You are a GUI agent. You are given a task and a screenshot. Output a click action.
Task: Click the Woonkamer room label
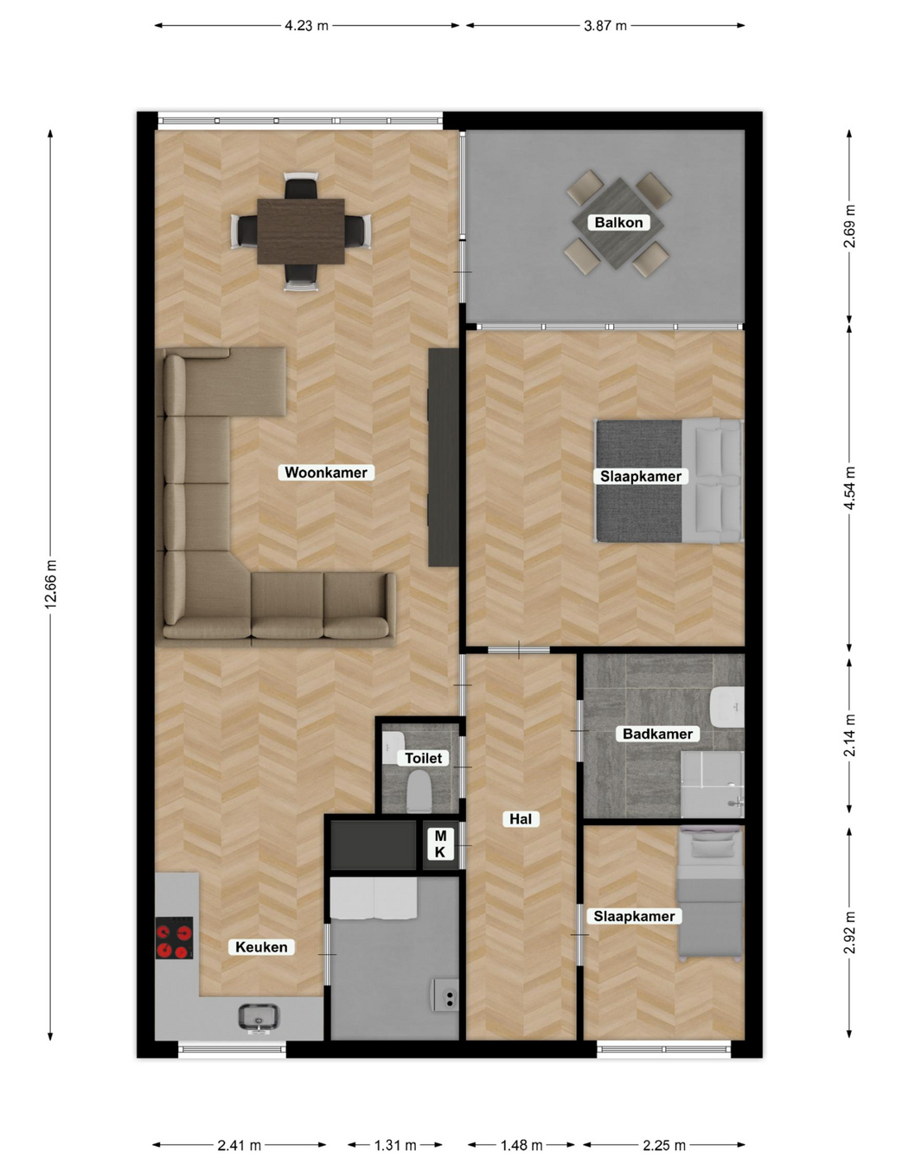pos(326,473)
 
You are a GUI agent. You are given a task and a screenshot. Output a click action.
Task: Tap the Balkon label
pos(618,223)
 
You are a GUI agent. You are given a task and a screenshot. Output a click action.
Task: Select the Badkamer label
pos(657,734)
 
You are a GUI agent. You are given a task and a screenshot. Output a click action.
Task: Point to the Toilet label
pos(423,758)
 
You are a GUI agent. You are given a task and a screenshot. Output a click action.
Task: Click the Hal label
pos(521,819)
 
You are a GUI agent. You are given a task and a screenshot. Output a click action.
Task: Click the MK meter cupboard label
pos(440,843)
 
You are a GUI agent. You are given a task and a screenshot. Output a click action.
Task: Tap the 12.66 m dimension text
pos(51,583)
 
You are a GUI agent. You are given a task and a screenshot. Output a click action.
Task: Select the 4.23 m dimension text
pos(306,25)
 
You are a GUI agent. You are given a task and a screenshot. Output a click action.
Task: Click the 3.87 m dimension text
pos(605,25)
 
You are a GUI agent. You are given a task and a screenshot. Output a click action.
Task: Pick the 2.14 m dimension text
pos(849,735)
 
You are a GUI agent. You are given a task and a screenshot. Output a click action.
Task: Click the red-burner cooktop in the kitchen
pos(174,939)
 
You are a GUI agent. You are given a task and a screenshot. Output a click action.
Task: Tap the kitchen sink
pos(259,1017)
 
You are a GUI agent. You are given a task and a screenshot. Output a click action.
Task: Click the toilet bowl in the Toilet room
pos(419,792)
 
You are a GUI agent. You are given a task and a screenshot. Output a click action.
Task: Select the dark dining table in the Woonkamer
pos(301,232)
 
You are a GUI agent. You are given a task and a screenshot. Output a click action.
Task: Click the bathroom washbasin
pos(726,706)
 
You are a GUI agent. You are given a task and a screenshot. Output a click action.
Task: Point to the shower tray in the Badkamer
pos(713,784)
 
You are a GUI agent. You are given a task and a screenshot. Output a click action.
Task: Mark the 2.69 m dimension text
pos(849,226)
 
